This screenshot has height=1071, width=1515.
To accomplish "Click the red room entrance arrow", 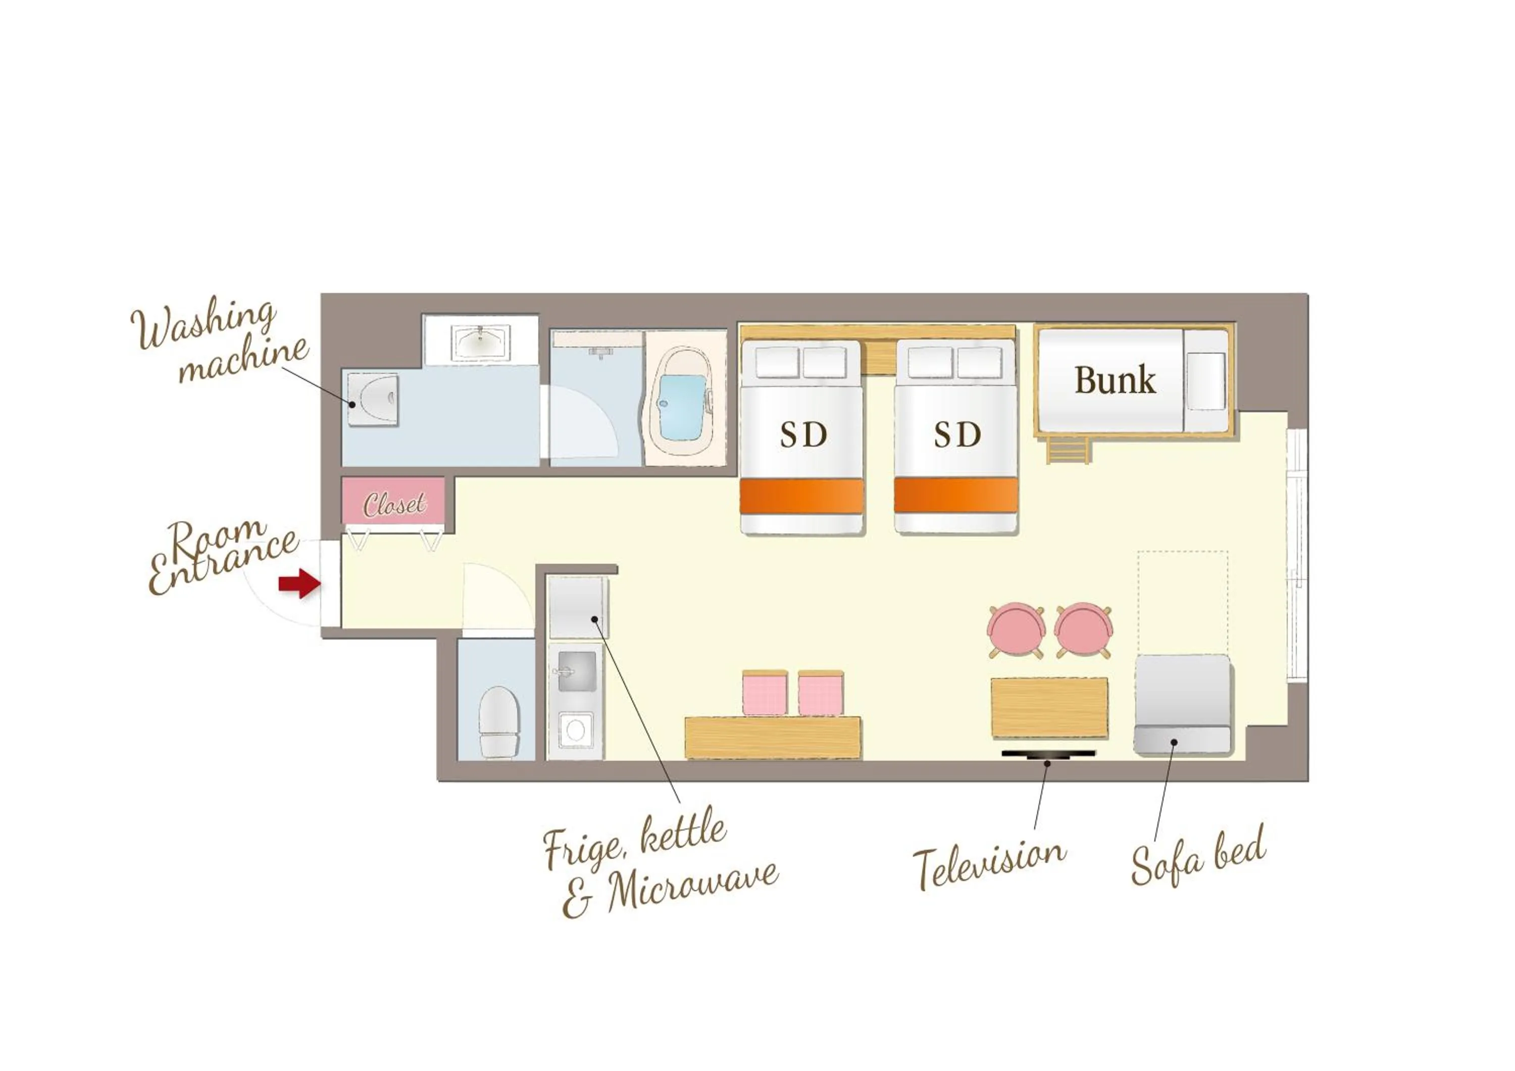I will [x=299, y=583].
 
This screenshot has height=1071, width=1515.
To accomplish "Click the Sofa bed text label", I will [x=1198, y=856].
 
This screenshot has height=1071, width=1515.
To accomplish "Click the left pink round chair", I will [x=1016, y=630].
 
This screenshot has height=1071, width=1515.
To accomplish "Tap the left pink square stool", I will [x=765, y=694].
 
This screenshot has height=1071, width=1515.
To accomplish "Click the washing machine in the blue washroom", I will [x=373, y=399].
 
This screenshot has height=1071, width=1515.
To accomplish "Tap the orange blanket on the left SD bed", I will [x=801, y=496].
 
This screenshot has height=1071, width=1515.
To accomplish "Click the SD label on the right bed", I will [x=957, y=435].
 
